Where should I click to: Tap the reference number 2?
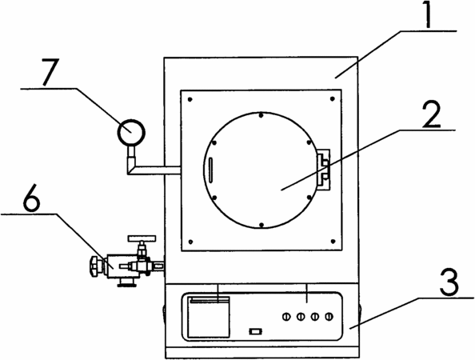tap(431, 115)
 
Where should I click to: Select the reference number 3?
tap(449, 282)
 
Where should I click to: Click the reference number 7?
tap(50, 72)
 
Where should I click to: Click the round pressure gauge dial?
tap(131, 133)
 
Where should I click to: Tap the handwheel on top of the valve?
tap(142, 238)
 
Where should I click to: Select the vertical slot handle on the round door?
tap(210, 170)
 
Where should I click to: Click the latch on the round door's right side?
tap(323, 170)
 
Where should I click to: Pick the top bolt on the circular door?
tap(261, 115)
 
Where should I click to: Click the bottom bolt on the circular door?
tap(261, 225)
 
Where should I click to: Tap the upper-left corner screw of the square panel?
tap(190, 99)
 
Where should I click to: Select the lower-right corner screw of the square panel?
tap(333, 242)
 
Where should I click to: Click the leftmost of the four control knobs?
tap(285, 317)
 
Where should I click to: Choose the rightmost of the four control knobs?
tap(329, 317)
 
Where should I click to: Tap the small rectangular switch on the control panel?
tap(255, 331)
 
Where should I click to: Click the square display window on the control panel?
tap(209, 317)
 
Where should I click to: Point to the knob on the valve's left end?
tap(95, 266)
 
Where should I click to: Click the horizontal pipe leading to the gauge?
tap(158, 170)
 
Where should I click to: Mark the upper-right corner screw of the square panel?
tap(333, 98)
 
